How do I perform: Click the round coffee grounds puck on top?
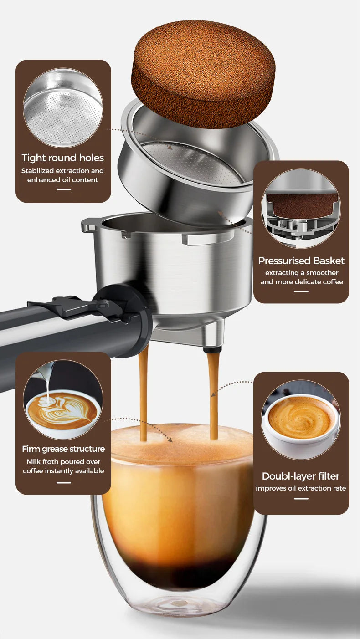click(203, 73)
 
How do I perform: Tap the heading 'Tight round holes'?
click(63, 158)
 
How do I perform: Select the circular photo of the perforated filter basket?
click(63, 108)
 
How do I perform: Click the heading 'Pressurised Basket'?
click(301, 261)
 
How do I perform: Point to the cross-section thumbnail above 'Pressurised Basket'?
click(301, 208)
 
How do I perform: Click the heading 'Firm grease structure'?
click(63, 449)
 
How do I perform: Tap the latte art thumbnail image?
click(63, 400)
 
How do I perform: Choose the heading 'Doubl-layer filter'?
click(301, 476)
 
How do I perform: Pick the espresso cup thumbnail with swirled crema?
click(301, 419)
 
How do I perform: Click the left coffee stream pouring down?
click(143, 392)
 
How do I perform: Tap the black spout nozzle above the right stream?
click(212, 349)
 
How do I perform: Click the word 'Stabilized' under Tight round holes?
click(38, 171)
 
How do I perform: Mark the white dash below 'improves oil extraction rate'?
click(301, 498)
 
